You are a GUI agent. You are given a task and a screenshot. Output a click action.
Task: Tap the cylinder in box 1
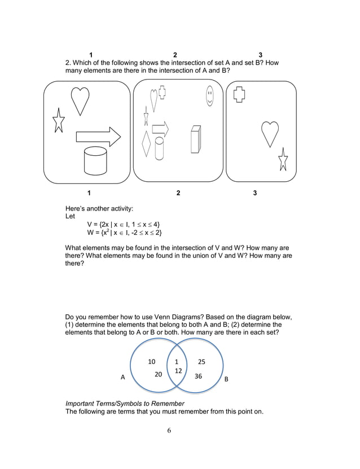click(x=95, y=161)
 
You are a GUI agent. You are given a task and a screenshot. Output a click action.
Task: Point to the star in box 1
click(x=58, y=121)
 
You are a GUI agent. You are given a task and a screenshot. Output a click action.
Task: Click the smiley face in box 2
click(x=210, y=96)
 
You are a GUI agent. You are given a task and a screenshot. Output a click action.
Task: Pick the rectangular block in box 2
click(x=196, y=139)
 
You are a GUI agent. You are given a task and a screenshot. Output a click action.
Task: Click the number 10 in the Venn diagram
click(x=152, y=361)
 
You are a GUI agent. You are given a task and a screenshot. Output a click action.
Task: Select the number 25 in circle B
click(x=201, y=361)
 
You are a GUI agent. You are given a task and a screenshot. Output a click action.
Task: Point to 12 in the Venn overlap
click(x=178, y=371)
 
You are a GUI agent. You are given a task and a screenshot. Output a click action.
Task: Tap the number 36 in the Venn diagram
click(x=198, y=375)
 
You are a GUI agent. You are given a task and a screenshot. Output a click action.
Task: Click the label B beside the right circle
click(x=227, y=379)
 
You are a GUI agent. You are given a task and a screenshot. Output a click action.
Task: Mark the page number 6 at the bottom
click(x=169, y=431)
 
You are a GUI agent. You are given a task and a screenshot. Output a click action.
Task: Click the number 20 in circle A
click(x=159, y=374)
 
